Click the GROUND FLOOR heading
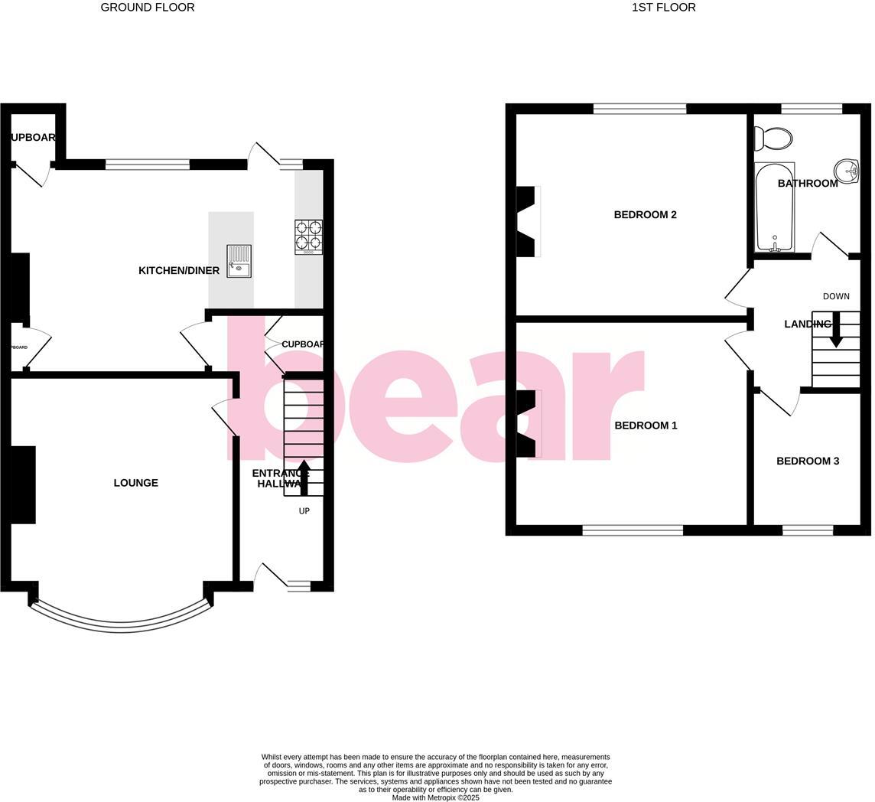pos(148,8)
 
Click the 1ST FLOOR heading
pos(663,8)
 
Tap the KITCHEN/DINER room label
pos(179,271)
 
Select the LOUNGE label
pos(136,483)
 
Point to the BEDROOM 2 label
pos(645,215)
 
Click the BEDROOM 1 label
pos(646,425)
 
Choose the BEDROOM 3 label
pos(808,461)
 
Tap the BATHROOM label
pos(808,184)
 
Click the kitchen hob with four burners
pos(308,237)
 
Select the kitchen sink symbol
pos(239,262)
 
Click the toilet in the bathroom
pos(773,139)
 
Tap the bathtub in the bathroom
pos(774,207)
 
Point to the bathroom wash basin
pos(847,171)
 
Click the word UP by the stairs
pos(304,511)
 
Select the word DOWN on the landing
pos(836,297)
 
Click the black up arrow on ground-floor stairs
pos(304,476)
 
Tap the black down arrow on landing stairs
pos(835,329)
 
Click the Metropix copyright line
pos(435,797)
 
